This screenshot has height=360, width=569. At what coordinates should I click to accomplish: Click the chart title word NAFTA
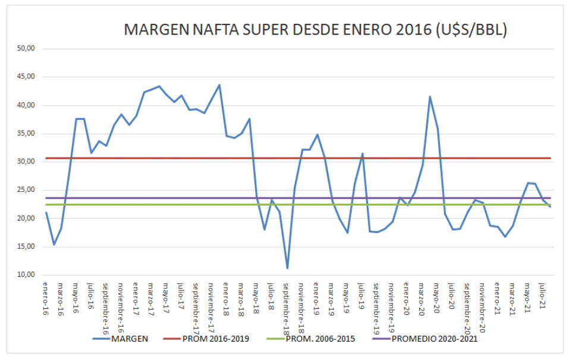(x=214, y=30)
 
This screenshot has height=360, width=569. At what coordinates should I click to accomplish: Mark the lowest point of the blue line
(x=287, y=268)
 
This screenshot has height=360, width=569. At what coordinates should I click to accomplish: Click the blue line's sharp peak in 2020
(x=430, y=96)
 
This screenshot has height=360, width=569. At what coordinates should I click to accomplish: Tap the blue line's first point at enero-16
(x=46, y=212)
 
